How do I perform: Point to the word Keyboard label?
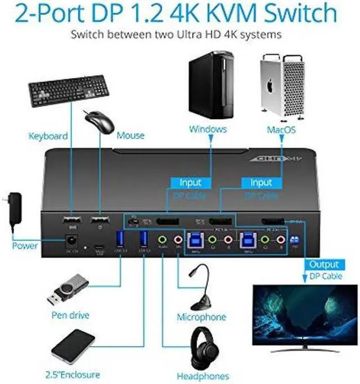pyautogui.click(x=48, y=136)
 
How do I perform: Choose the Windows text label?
pyautogui.click(x=208, y=130)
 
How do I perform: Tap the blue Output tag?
pyautogui.click(x=325, y=264)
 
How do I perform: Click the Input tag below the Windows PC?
pyautogui.click(x=190, y=182)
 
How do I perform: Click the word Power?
pyautogui.click(x=25, y=245)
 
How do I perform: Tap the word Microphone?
pyautogui.click(x=201, y=317)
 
